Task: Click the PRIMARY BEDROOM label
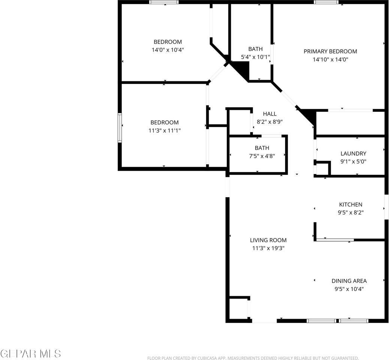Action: coord(330,51)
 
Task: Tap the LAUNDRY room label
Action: coord(353,153)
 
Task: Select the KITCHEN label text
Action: coord(350,204)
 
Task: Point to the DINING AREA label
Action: coord(349,281)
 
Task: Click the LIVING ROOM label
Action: coord(268,240)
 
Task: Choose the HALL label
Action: coord(269,114)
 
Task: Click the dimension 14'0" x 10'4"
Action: coord(168,49)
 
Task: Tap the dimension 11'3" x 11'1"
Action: coord(165,130)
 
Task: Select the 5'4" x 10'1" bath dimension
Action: coord(255,57)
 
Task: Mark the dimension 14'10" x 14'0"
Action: coord(330,59)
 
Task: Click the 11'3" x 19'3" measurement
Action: coord(268,248)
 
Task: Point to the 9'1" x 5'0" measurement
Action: coord(353,162)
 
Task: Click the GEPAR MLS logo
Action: coord(31,353)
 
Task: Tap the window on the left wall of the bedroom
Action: coord(120,128)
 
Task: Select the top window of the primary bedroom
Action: coord(326,2)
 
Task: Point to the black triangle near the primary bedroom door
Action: coord(309,115)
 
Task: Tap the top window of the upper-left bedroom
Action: coord(164,2)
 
